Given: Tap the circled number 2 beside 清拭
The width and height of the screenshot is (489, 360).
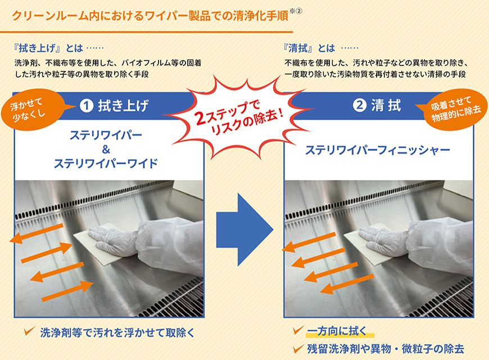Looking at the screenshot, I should tap(359, 105).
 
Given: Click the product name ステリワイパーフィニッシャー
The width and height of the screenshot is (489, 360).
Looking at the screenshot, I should tap(378, 150).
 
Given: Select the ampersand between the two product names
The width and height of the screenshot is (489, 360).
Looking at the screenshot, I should tap(109, 149).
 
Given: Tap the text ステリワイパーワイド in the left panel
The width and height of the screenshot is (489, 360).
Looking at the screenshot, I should tap(109, 164).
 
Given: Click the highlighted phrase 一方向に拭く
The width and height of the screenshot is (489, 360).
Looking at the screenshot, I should tap(337, 330).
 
